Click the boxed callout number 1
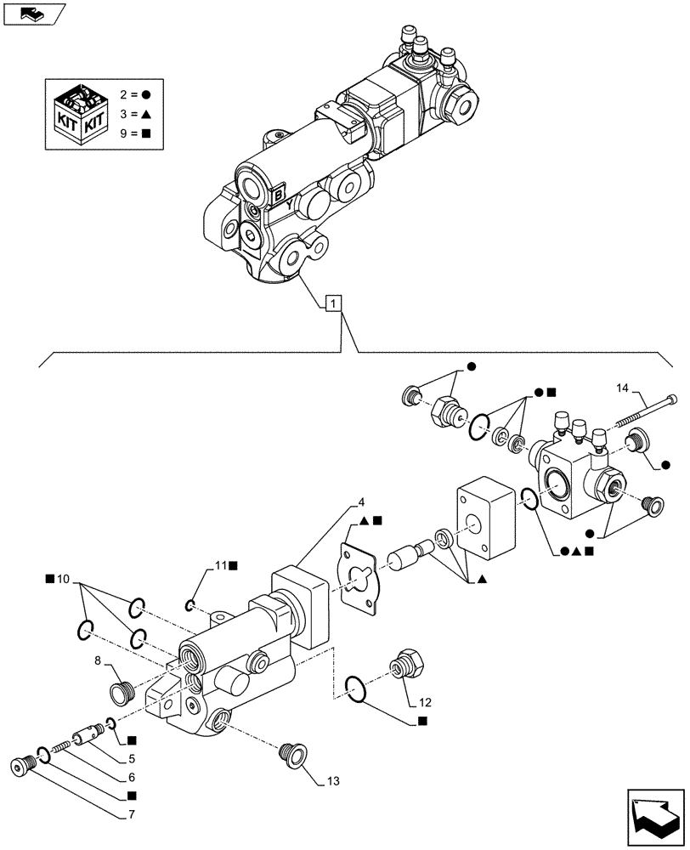334,302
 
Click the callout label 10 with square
59,580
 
